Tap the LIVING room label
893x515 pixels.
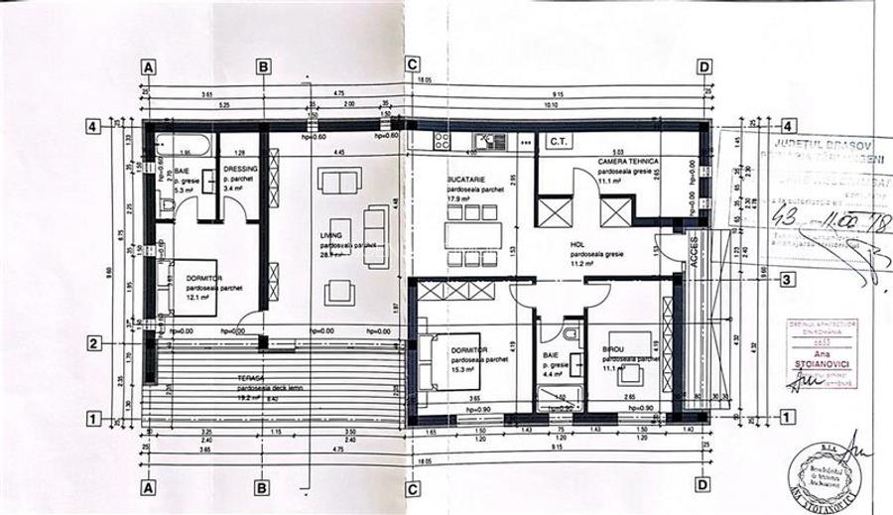[330, 235]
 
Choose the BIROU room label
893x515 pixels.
[615, 351]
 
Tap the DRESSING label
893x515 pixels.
[240, 169]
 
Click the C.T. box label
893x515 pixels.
[558, 142]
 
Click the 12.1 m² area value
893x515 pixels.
[197, 297]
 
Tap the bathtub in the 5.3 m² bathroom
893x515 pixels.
[185, 146]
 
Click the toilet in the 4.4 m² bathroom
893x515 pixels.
[573, 333]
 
